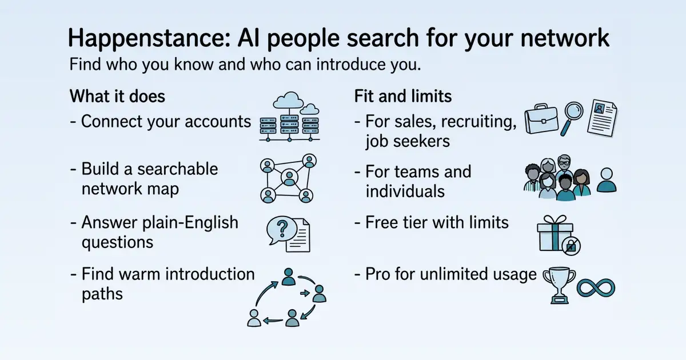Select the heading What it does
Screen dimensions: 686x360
pyautogui.click(x=117, y=96)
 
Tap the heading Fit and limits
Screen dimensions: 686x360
pyautogui.click(x=402, y=96)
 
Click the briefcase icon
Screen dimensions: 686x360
pyautogui.click(x=541, y=118)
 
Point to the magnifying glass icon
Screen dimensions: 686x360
pyautogui.click(x=572, y=118)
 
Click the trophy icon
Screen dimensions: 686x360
pyautogui.click(x=559, y=285)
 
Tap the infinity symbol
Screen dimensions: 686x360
pyautogui.click(x=596, y=288)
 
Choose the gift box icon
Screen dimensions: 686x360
pyautogui.click(x=555, y=233)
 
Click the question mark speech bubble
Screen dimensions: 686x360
pyautogui.click(x=281, y=230)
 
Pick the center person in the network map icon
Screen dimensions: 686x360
pyautogui.click(x=289, y=178)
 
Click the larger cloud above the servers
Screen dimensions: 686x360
pyautogui.click(x=288, y=100)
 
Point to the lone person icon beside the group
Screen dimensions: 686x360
pyautogui.click(x=607, y=179)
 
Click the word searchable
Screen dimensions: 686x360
pyautogui.click(x=178, y=169)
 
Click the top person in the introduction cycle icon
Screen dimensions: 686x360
pyautogui.click(x=288, y=277)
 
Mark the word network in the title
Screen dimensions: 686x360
pyautogui.click(x=565, y=38)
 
